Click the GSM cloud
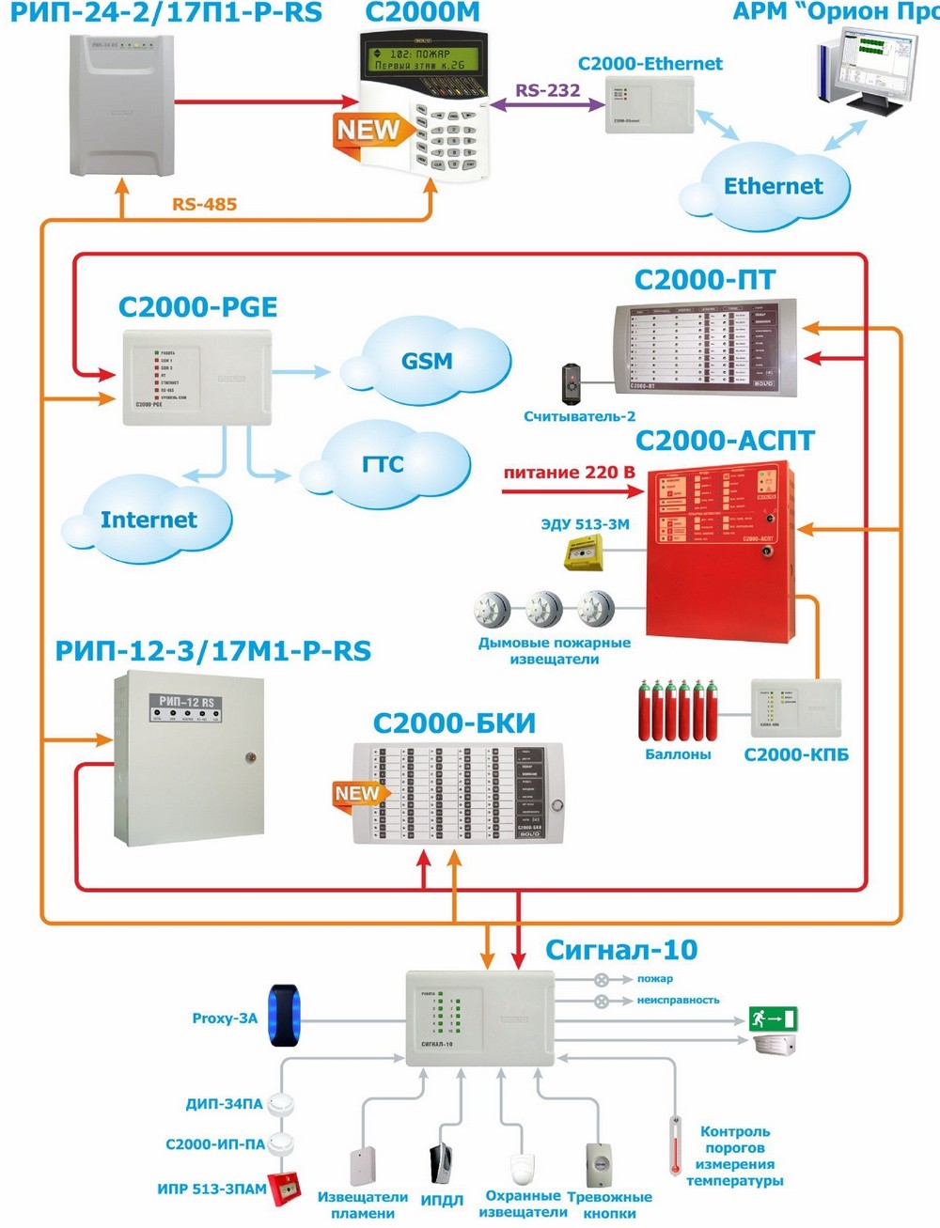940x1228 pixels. [428, 362]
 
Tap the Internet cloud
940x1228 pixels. [149, 520]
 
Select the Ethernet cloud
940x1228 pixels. [773, 188]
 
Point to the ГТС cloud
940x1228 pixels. [384, 464]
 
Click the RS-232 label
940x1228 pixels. [547, 90]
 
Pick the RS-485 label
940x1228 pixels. [204, 204]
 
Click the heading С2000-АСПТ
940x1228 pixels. [725, 441]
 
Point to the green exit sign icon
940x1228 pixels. [773, 1018]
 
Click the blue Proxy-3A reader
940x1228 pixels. [284, 1016]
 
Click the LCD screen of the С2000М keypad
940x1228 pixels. [420, 60]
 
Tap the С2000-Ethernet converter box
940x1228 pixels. [649, 104]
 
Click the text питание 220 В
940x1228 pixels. [569, 473]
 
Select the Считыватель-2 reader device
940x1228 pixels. [572, 381]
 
